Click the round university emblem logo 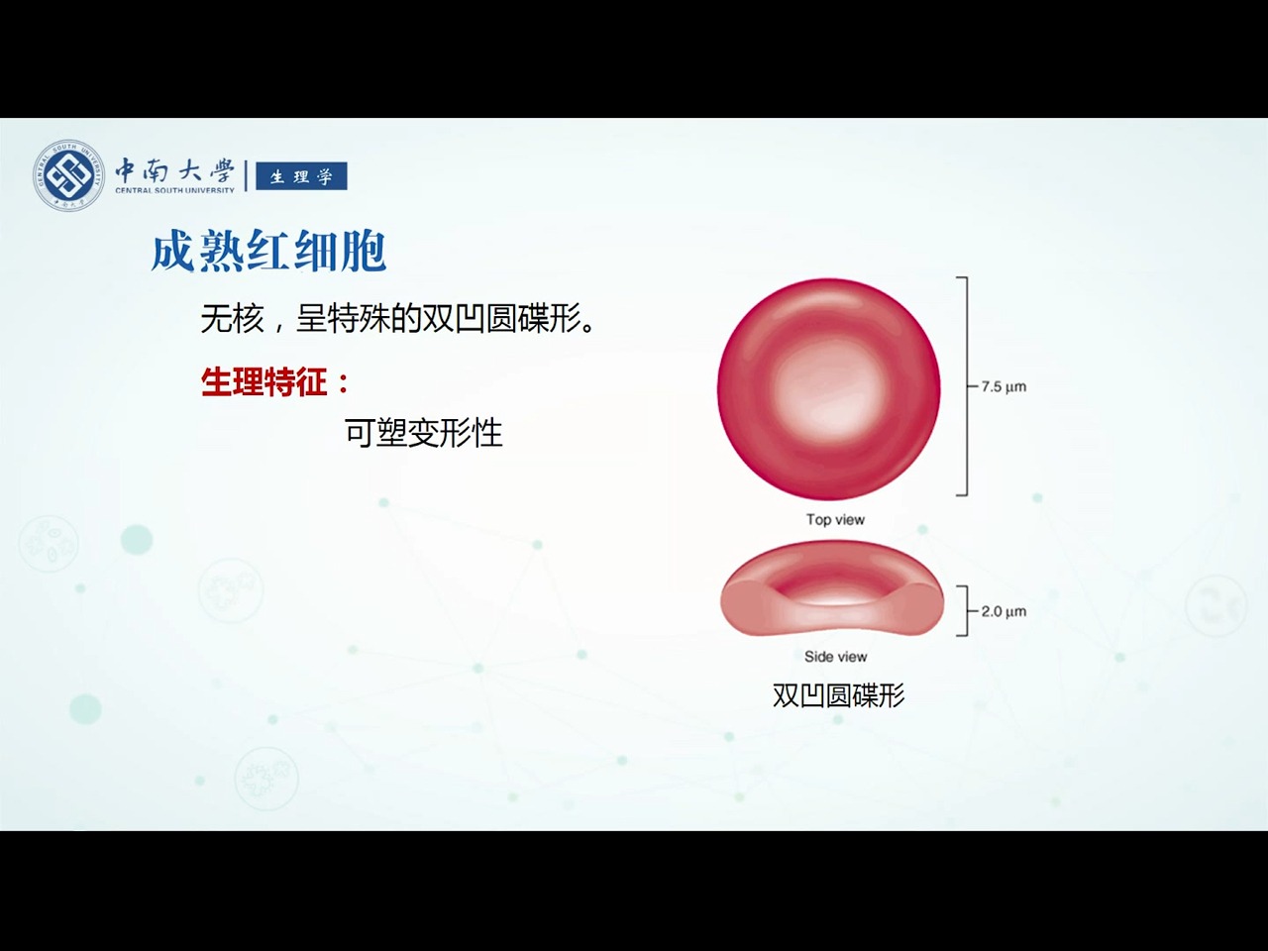point(68,175)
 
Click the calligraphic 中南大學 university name point(174,169)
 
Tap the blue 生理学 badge point(301,176)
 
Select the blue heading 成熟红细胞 point(267,252)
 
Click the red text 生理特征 point(264,381)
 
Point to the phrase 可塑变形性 point(423,433)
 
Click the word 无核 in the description point(232,318)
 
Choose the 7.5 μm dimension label point(1004,386)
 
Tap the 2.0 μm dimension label point(1004,611)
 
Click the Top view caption point(835,519)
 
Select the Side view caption point(835,656)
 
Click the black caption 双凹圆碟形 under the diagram point(838,695)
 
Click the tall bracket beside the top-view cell point(962,386)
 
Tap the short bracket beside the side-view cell point(963,610)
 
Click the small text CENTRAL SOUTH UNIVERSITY point(174,190)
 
